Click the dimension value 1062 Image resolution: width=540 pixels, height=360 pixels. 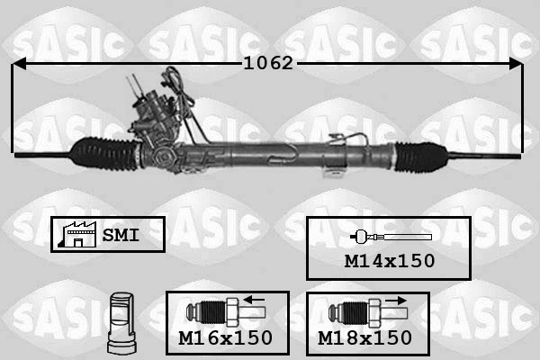tap(268, 64)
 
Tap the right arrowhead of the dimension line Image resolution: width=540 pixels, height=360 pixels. tap(516, 64)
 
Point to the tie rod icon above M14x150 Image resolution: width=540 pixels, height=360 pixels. tap(391, 237)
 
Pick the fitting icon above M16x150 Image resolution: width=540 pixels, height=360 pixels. tap(216, 312)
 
